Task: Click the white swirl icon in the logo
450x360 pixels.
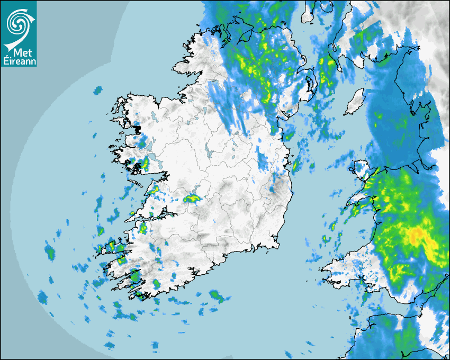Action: coord(18,22)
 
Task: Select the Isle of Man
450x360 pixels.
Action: coord(355,102)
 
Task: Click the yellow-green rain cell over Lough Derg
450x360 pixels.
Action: coord(191,199)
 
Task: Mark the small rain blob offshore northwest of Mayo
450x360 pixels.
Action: coord(98,91)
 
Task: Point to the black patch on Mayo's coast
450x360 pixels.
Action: coord(137,129)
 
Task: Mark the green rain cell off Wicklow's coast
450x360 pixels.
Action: coord(296,166)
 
